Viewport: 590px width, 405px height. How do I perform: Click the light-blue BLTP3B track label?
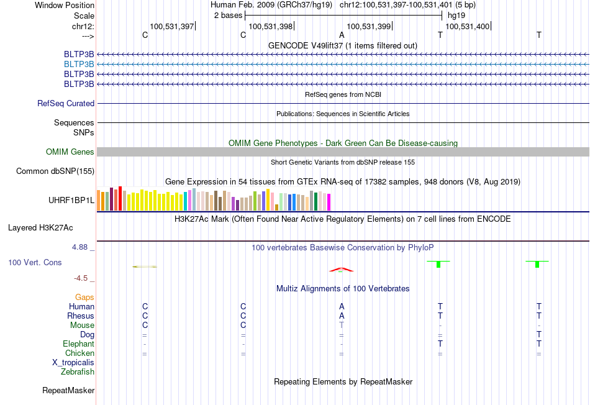[x=79, y=65]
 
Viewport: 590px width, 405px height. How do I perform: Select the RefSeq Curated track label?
[x=66, y=104]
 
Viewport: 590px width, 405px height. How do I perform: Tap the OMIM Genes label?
[x=70, y=152]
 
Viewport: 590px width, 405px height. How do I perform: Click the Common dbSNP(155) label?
[x=55, y=171]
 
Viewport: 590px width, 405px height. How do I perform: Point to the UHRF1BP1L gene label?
[x=71, y=200]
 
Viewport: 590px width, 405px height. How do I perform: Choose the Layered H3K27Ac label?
[x=40, y=228]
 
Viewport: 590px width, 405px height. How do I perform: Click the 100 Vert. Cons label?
[x=35, y=262]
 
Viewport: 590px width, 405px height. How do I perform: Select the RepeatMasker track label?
[x=68, y=390]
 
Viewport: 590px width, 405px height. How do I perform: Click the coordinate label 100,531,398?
[x=271, y=26]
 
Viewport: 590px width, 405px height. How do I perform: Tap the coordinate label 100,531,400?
[x=467, y=26]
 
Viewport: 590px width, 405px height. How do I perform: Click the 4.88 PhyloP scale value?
[x=79, y=247]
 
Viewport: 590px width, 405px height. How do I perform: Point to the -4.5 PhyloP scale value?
[x=81, y=278]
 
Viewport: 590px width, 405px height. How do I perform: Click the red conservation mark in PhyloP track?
[x=341, y=270]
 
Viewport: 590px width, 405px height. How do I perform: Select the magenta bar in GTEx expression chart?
[x=329, y=202]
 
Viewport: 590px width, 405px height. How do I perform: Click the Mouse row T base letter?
[x=342, y=325]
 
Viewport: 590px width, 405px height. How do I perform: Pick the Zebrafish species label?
[x=78, y=372]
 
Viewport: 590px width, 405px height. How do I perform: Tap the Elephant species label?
[x=79, y=344]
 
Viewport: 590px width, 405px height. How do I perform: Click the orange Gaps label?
[x=84, y=298]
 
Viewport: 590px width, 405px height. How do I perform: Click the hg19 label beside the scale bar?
[x=456, y=16]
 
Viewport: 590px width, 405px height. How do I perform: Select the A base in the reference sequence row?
[x=342, y=35]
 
